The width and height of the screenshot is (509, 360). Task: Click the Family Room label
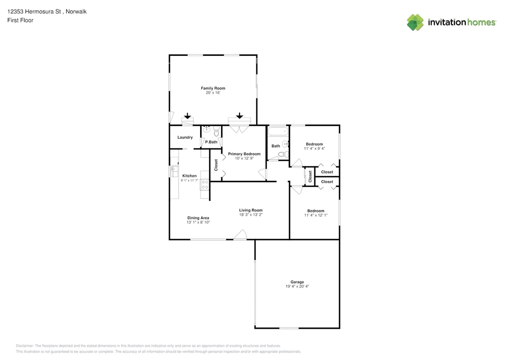tap(213, 88)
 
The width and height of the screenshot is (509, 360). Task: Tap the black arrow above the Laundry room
tap(187, 116)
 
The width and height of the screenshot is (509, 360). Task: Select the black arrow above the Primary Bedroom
tap(239, 116)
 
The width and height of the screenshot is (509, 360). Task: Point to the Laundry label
tap(185, 137)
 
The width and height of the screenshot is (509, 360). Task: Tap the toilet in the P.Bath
tap(216, 132)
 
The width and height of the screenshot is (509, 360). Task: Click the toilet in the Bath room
tap(282, 154)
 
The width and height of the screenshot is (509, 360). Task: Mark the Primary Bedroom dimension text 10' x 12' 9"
tap(244, 158)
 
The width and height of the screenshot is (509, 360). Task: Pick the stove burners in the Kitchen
tap(205, 185)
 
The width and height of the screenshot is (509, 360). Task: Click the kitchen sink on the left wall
tap(174, 171)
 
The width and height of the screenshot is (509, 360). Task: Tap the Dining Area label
tap(198, 218)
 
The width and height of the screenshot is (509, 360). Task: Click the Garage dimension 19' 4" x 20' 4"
tap(297, 286)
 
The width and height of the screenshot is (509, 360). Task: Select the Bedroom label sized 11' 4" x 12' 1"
tap(316, 211)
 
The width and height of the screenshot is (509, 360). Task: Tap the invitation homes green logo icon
tap(415, 22)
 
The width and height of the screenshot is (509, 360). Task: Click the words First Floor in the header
tap(20, 20)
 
